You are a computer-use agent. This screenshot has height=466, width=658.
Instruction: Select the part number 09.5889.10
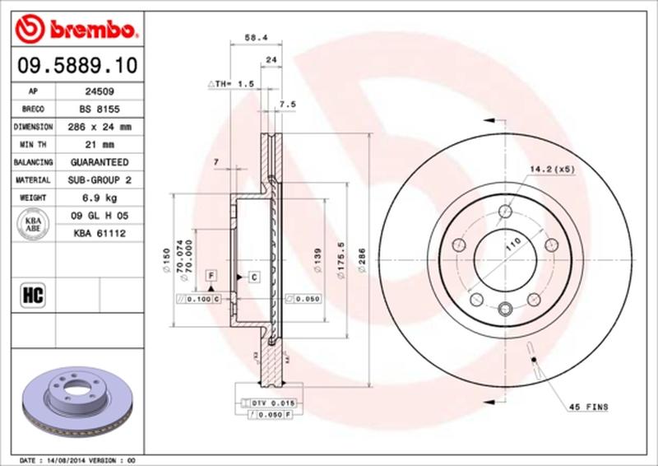click(x=76, y=64)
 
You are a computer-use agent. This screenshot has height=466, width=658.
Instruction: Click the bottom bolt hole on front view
click(x=505, y=309)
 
